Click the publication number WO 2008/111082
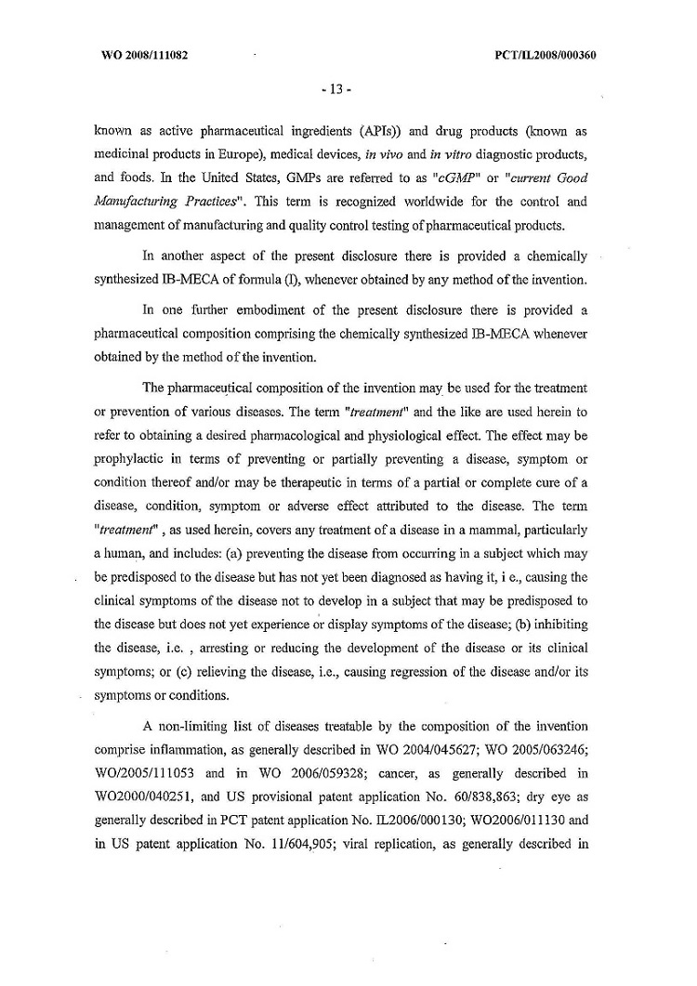pyautogui.click(x=144, y=55)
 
